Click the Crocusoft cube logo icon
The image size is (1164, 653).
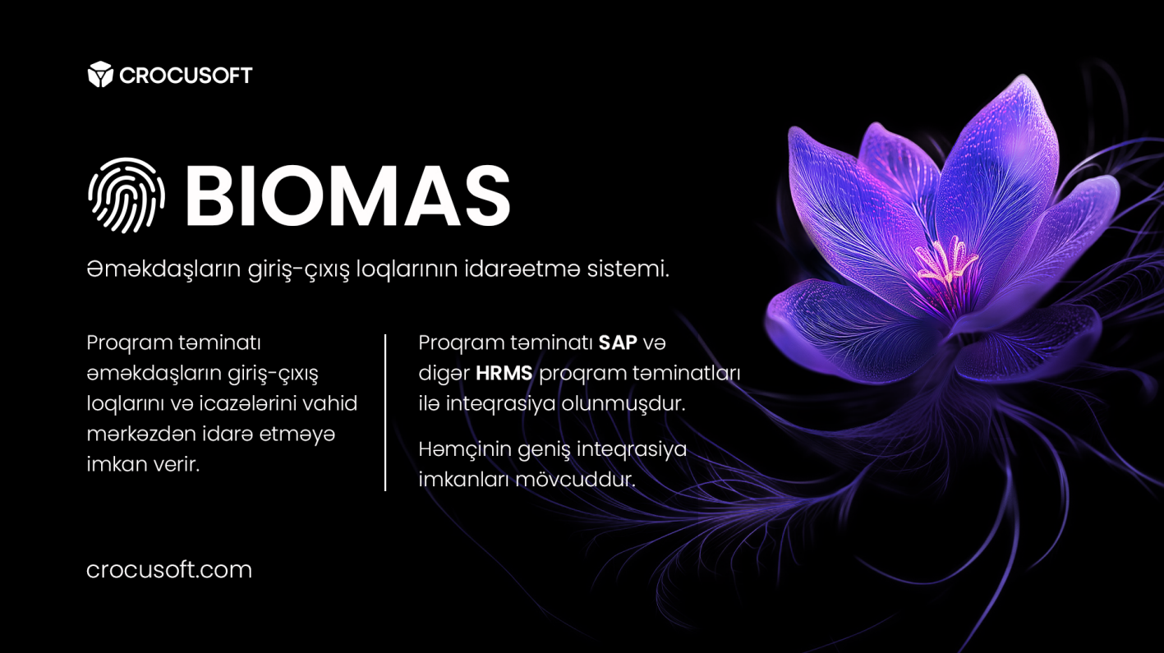(100, 75)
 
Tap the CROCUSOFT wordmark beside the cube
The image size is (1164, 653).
(186, 76)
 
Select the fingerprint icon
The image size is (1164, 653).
(127, 195)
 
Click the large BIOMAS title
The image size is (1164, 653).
(347, 196)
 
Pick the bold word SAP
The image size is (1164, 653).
(618, 343)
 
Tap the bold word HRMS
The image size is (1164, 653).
(504, 373)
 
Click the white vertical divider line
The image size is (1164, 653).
(385, 412)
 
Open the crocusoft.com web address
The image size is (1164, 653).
(169, 569)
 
